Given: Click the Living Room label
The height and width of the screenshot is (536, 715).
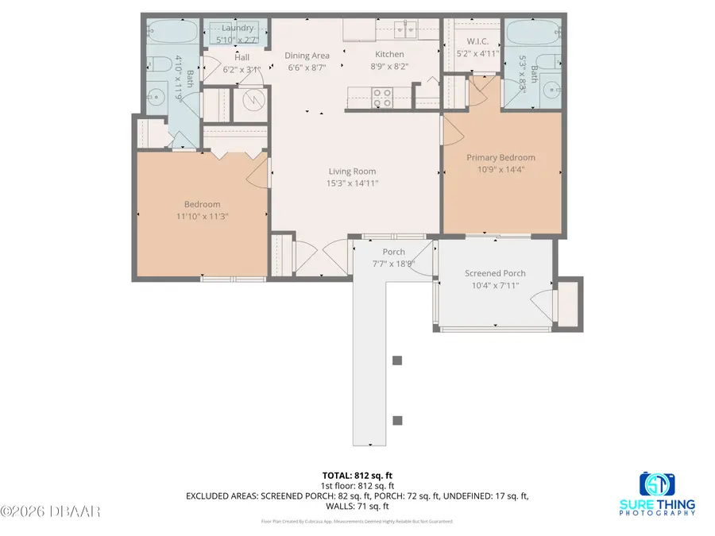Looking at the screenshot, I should tap(353, 172).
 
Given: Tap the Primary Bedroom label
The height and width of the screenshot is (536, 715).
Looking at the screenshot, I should tap(500, 157).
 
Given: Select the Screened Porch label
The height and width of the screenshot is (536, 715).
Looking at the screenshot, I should tap(495, 274).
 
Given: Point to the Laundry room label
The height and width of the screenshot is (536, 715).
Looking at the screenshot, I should tap(238, 29).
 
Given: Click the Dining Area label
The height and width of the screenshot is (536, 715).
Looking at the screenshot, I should tap(307, 55).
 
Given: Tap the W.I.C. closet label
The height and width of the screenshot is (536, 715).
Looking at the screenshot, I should tap(471, 41).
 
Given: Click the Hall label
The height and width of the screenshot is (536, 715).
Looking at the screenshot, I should tap(242, 57).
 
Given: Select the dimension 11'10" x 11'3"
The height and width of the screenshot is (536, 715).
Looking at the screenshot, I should tap(202, 215).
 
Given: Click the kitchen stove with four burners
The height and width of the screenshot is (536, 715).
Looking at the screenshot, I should tap(382, 97).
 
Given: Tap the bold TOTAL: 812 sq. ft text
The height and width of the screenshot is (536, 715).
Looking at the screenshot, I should tap(357, 476).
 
